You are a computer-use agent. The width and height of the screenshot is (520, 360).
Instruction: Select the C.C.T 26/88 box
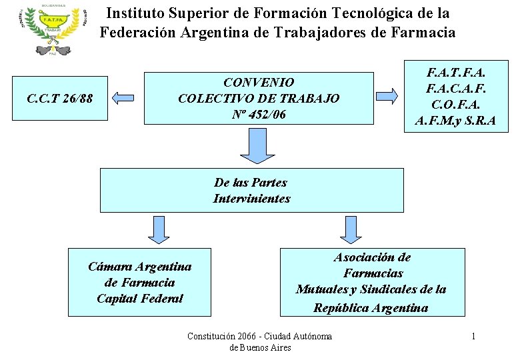[60, 99]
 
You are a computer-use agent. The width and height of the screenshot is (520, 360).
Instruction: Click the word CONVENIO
[259, 83]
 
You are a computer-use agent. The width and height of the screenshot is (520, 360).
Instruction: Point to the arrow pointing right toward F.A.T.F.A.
[387, 95]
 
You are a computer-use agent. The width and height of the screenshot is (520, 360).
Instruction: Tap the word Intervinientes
[252, 199]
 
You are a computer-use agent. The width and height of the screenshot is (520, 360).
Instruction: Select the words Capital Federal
[139, 299]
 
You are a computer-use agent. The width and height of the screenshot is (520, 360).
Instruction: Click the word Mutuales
[323, 289]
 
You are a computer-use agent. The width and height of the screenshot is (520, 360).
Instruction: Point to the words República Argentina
[371, 307]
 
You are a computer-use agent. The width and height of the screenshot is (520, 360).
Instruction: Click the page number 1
[473, 336]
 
